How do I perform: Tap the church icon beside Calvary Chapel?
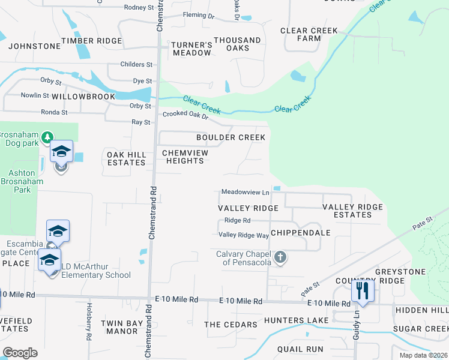[x=280, y=258]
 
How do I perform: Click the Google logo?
[x=20, y=353]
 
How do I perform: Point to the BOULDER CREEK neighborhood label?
[x=231, y=137]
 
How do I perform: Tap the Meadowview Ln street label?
[x=245, y=192]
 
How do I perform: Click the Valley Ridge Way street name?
[x=244, y=235]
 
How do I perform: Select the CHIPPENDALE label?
[x=301, y=232]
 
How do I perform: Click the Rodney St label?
[x=139, y=7]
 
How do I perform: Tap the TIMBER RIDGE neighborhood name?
[x=95, y=41]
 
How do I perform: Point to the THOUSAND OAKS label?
[x=237, y=44]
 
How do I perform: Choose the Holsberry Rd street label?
[x=88, y=328]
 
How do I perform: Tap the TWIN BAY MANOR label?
[x=119, y=327]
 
